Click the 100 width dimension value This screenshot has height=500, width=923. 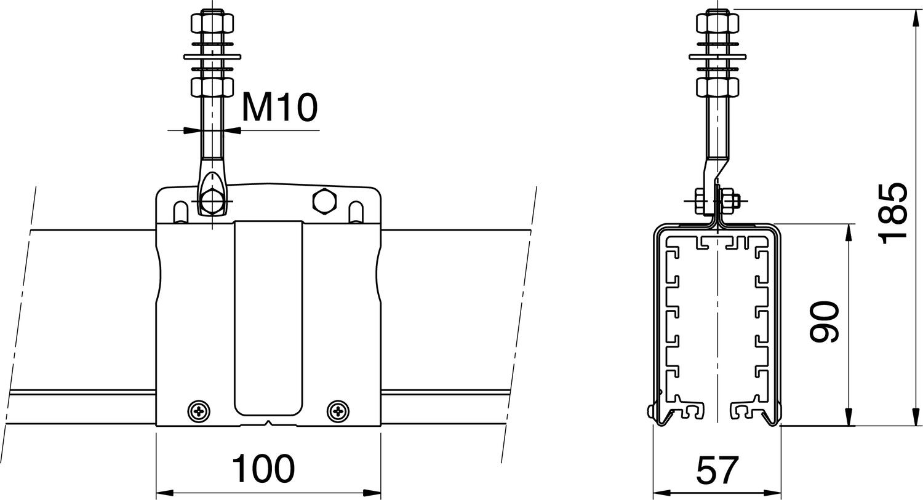tap(263, 469)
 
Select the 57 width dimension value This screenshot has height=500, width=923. tap(717, 470)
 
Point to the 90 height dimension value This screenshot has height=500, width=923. tap(825, 322)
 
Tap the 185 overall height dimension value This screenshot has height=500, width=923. tap(892, 212)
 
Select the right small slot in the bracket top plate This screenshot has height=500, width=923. tap(356, 212)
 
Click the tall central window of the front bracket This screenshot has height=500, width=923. tap(268, 317)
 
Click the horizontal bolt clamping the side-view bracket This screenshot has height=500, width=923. tap(715, 201)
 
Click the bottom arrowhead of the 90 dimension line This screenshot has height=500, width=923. tap(849, 420)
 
